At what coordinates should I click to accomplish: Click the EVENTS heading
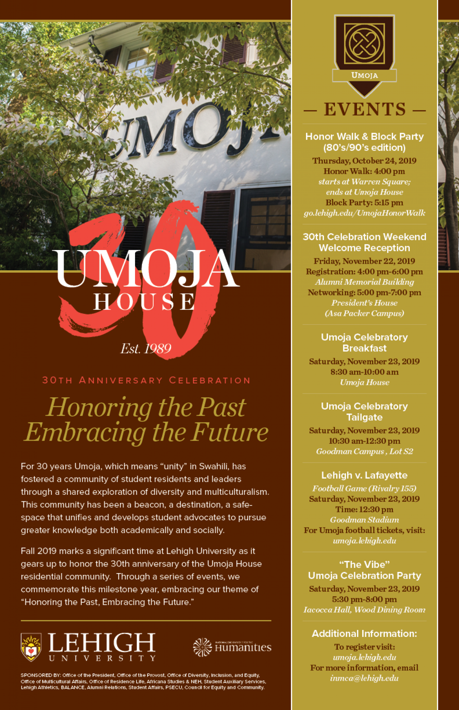pos(365,110)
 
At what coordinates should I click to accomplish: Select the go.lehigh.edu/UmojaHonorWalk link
pos(364,213)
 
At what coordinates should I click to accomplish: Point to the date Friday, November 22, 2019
pos(364,261)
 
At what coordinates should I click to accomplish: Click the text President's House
pos(364,303)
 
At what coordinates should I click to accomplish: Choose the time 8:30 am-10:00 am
pos(364,372)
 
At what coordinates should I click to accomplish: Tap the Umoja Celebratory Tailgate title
pos(364,412)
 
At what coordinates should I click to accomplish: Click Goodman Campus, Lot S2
pos(364,451)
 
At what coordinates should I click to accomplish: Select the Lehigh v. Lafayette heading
pos(364,475)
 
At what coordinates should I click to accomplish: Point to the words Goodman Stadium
pos(364,520)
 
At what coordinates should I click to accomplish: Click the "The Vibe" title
pos(364,564)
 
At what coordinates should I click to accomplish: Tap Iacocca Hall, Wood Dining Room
pos(364,610)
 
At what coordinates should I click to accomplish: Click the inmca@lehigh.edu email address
pos(364,678)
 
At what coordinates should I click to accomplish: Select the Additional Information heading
pos(364,633)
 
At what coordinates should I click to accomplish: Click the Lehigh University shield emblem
pos(31,647)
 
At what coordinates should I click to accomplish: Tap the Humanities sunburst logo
pos(202,647)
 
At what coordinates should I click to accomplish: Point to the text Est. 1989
pos(146,349)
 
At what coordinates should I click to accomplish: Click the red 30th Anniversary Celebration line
pos(146,380)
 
